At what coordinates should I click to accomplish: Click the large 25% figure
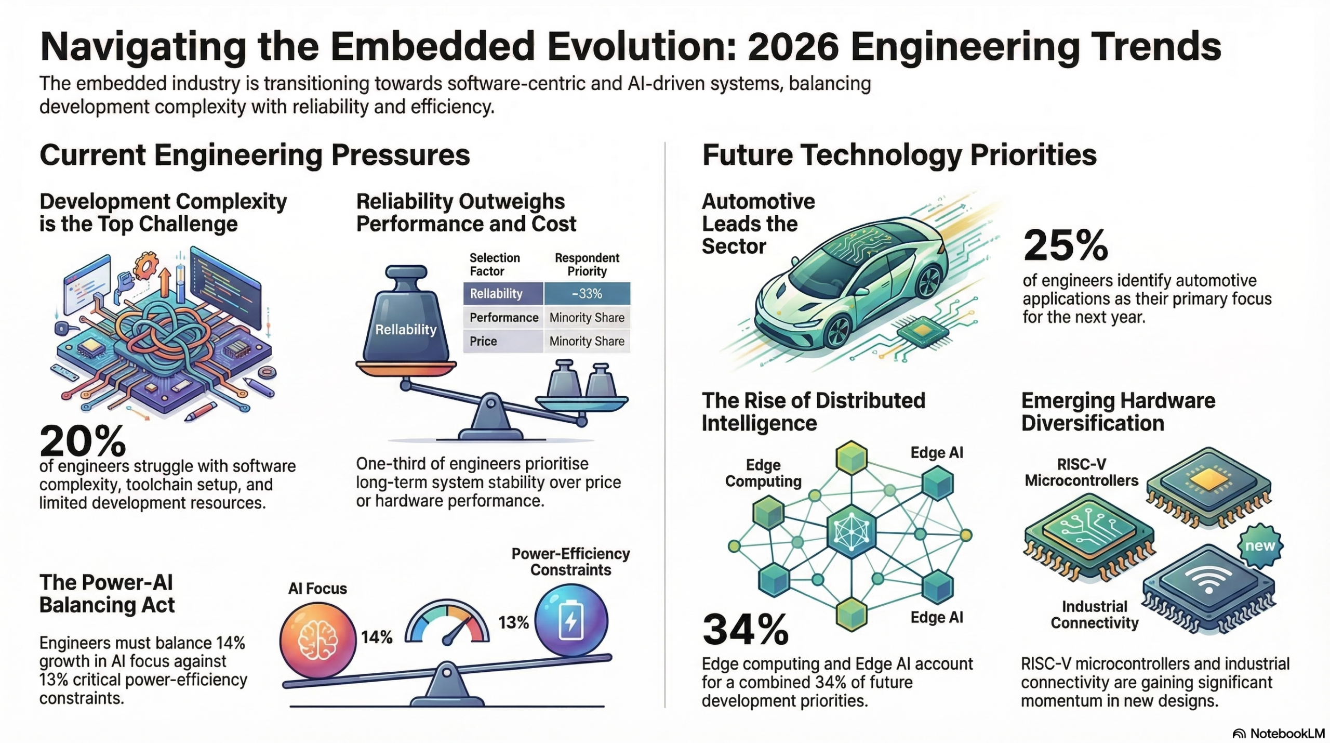click(1065, 245)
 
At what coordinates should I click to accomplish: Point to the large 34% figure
click(746, 630)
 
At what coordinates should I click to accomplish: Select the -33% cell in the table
click(587, 294)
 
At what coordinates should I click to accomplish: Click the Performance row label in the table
click(503, 318)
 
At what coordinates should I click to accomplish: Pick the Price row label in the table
click(483, 342)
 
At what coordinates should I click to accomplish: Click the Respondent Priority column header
click(587, 264)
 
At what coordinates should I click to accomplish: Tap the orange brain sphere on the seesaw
click(317, 640)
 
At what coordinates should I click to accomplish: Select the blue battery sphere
click(571, 621)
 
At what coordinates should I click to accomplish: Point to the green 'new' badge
click(1259, 546)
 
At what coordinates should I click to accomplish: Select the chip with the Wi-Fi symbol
click(1208, 588)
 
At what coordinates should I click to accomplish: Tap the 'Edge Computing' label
click(763, 473)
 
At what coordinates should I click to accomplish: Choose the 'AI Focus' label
click(317, 589)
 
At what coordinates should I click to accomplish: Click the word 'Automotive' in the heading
click(758, 201)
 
